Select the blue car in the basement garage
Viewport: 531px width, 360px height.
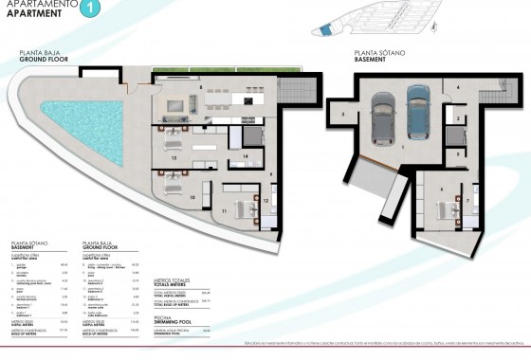point(418,111)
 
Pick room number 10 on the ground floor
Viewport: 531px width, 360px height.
point(193,197)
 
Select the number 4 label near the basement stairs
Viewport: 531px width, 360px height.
point(457,88)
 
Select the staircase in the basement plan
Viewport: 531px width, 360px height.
point(491,95)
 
